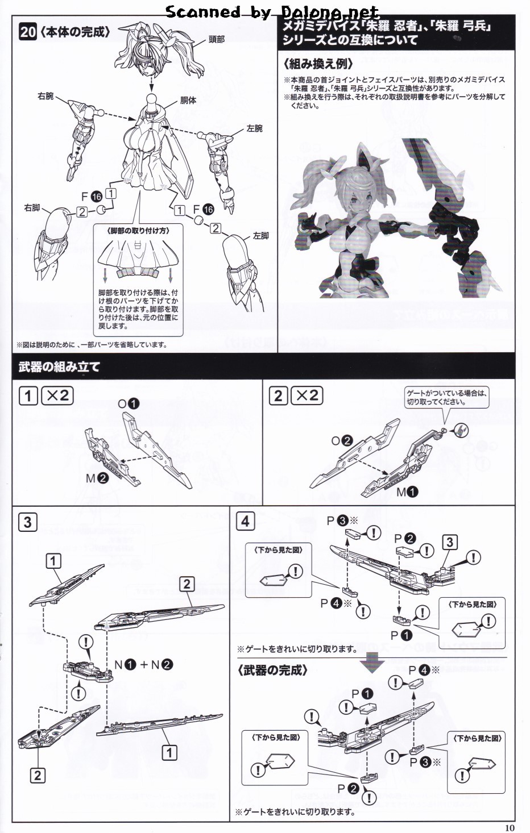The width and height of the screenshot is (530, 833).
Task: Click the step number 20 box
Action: [28, 32]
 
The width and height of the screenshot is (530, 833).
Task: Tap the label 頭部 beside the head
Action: [217, 39]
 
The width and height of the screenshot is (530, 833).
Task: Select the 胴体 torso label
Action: [188, 101]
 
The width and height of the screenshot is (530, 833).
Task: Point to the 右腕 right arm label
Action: [45, 96]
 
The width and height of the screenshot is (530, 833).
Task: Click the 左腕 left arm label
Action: [255, 128]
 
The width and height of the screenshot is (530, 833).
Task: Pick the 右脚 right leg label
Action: [32, 208]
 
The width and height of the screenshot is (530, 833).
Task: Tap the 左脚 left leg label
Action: [261, 235]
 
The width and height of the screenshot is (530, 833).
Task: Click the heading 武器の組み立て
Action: [59, 367]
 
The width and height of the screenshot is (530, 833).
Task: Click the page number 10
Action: [509, 827]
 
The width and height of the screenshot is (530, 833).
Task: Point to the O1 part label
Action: [128, 403]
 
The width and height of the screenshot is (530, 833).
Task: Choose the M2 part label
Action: [97, 478]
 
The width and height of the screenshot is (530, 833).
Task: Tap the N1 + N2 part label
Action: [143, 665]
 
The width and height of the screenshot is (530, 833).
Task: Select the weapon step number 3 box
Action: [28, 522]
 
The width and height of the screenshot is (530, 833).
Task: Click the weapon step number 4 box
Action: [245, 520]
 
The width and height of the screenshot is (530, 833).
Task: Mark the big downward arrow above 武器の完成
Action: [375, 661]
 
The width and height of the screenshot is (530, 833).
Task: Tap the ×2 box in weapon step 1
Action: [57, 395]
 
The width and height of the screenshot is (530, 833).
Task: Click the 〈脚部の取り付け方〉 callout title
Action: [138, 231]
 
